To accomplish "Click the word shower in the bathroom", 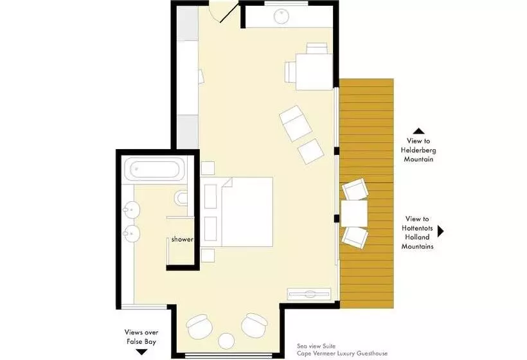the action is click(x=182, y=239).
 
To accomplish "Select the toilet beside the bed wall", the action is click(x=181, y=198).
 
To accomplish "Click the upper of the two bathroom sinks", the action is click(x=131, y=210).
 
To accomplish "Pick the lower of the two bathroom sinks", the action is click(x=131, y=233).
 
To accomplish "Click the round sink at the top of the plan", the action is click(x=281, y=17).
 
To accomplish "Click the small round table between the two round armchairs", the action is click(x=226, y=341).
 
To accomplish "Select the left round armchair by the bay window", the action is click(x=200, y=327).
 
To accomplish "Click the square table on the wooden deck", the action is click(x=354, y=213).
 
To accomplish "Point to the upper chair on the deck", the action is click(x=355, y=189).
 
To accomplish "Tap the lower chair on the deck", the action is click(x=355, y=238).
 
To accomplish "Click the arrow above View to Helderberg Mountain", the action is click(x=419, y=131).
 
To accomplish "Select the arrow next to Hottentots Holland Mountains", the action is click(x=441, y=231).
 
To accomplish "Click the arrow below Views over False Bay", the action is click(x=141, y=352).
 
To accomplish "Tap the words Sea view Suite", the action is click(x=316, y=346).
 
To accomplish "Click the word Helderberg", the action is click(x=418, y=150).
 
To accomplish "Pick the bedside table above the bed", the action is click(x=208, y=168).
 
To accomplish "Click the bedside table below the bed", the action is click(x=208, y=255).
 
